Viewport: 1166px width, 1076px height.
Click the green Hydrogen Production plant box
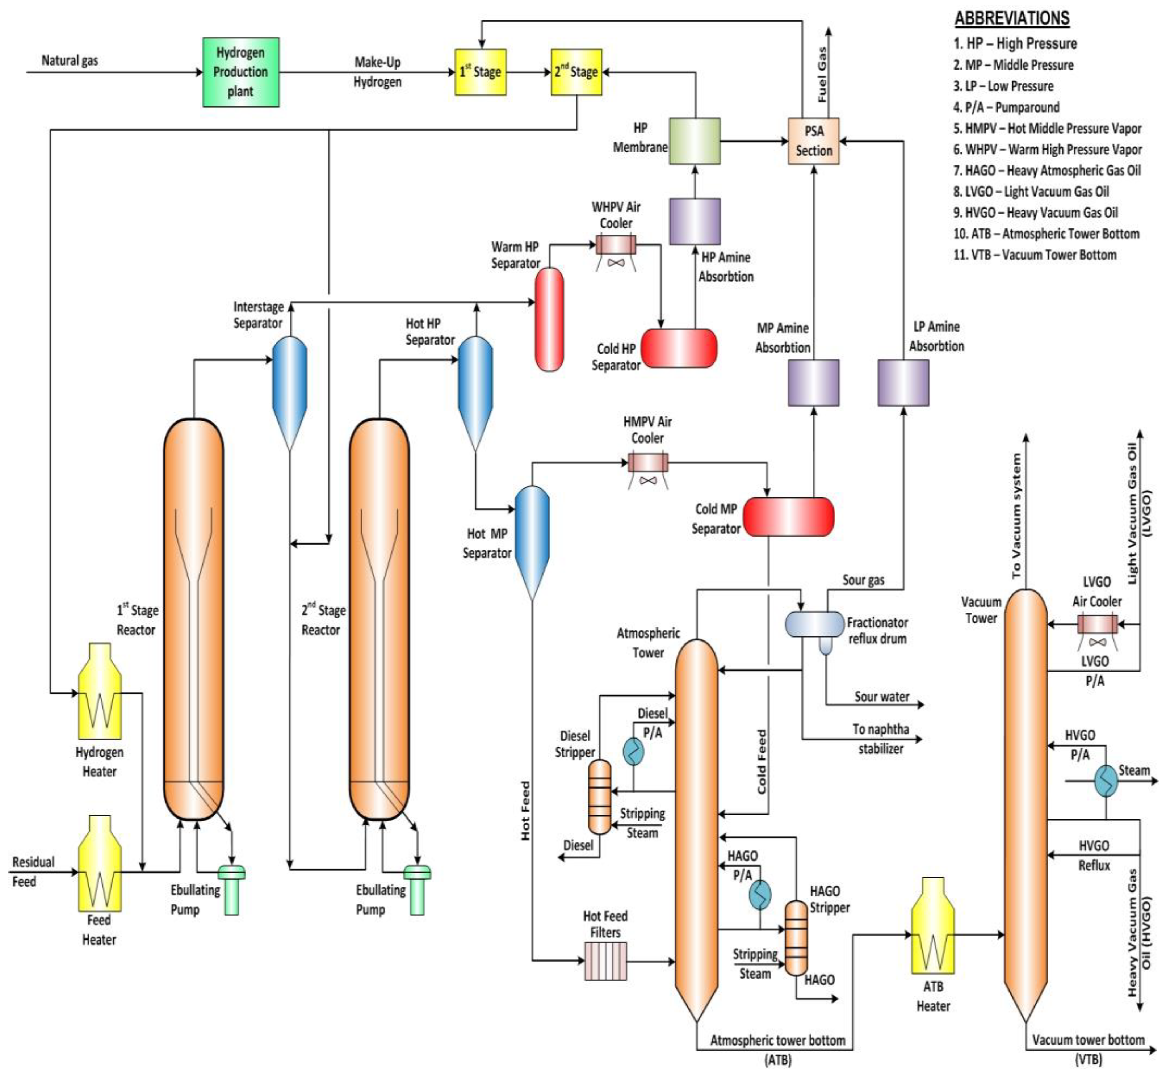(x=240, y=72)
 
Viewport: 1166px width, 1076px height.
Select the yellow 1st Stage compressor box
(x=480, y=72)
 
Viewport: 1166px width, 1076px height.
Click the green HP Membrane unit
(x=694, y=141)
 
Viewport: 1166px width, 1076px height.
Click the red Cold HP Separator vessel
(x=679, y=348)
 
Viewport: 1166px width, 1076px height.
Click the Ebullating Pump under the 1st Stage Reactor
(x=231, y=891)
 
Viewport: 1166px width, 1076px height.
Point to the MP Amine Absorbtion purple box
(x=813, y=383)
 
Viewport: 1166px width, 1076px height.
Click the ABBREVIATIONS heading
(x=1012, y=18)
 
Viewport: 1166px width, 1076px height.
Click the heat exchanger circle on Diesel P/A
(x=633, y=752)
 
